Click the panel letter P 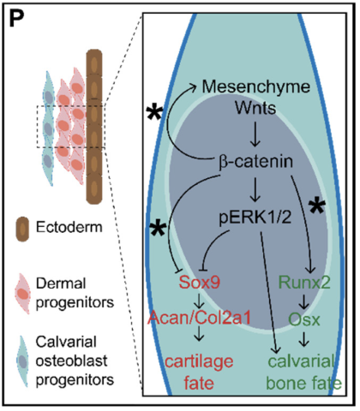[x=16, y=18]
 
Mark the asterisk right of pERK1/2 [x=317, y=206]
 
